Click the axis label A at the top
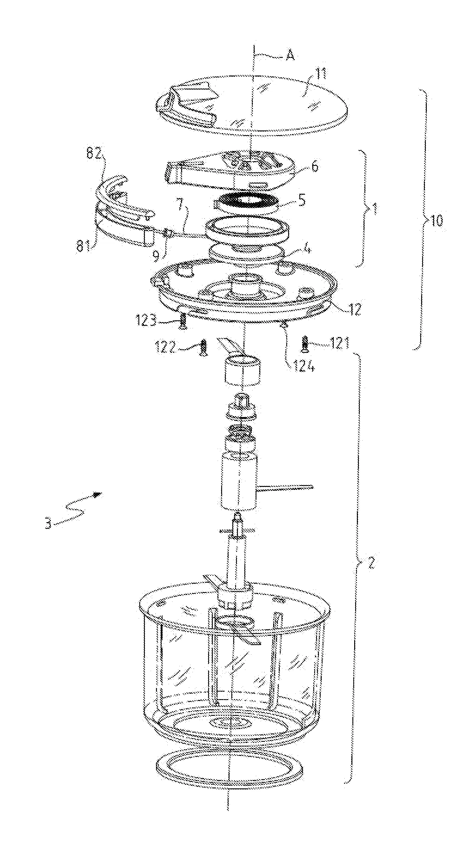pyautogui.click(x=290, y=56)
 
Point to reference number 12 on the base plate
pyautogui.click(x=355, y=309)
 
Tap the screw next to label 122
pyautogui.click(x=203, y=347)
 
